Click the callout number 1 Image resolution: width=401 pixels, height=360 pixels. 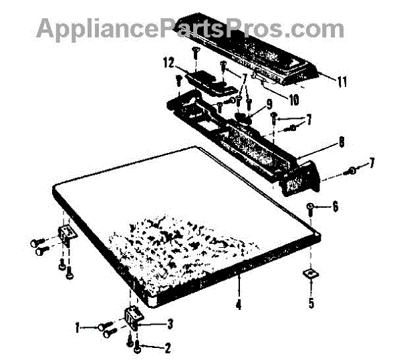point(79,327)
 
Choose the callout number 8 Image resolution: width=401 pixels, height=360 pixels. point(341,142)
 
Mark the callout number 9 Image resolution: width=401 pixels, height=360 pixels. point(269,104)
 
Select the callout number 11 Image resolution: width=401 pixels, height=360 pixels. point(342,83)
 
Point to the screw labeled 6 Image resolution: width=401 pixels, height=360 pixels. point(311,206)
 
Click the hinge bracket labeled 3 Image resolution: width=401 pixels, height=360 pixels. point(132,319)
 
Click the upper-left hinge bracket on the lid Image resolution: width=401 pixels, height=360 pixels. point(66,233)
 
